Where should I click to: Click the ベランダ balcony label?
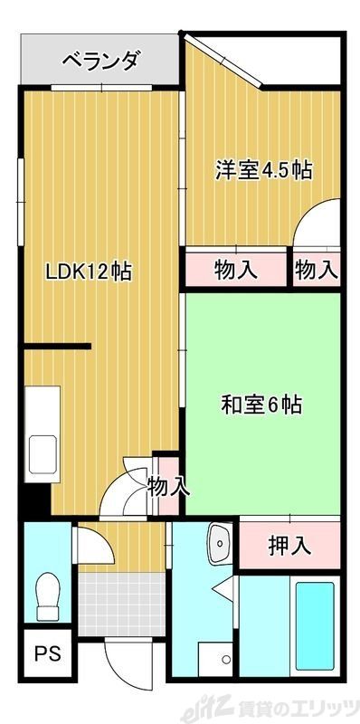[x=100, y=62]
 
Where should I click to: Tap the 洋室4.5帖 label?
[x=263, y=169]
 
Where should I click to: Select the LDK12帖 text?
[x=90, y=270]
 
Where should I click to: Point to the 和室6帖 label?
[x=261, y=405]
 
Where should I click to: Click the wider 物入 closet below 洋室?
[x=237, y=269]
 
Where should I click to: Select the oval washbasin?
[x=219, y=544]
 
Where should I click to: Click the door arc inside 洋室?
[x=318, y=224]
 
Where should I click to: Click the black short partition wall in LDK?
[x=58, y=346]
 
